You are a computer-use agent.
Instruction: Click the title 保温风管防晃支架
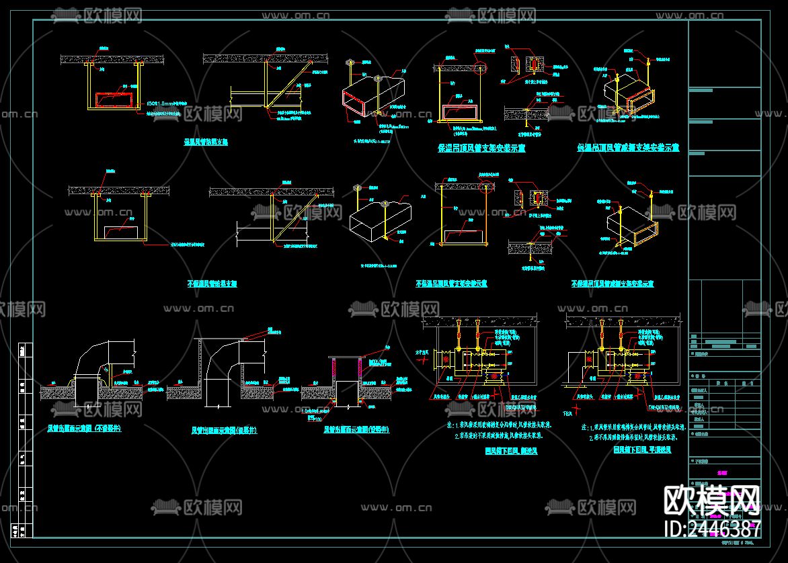(206, 142)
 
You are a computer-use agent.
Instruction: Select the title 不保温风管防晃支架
(211, 284)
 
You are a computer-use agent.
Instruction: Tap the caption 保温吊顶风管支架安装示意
(481, 148)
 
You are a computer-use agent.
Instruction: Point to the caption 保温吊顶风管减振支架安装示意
(627, 148)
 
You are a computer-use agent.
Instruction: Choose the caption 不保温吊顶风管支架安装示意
(451, 284)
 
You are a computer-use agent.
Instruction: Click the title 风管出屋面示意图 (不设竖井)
(84, 428)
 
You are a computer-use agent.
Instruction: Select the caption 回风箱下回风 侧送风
(510, 451)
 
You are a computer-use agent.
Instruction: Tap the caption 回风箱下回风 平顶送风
(641, 451)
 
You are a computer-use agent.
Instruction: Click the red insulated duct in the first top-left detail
(114, 100)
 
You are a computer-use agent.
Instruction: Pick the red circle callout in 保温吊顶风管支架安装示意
(479, 67)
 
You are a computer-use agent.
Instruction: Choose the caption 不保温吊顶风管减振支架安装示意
(612, 284)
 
